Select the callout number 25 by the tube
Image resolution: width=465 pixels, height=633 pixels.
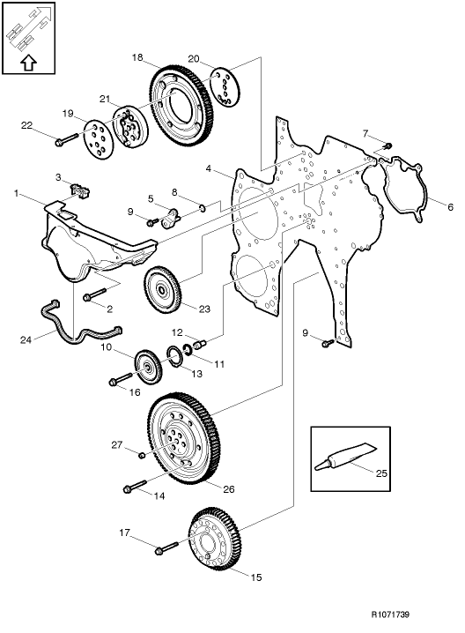click(x=381, y=473)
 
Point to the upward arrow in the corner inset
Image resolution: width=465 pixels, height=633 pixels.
click(x=28, y=63)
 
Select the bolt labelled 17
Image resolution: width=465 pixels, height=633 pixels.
click(x=166, y=551)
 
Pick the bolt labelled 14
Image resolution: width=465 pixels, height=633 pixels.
click(x=134, y=487)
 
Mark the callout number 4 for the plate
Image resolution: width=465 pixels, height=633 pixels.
click(x=208, y=168)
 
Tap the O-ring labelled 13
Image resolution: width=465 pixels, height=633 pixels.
click(x=176, y=356)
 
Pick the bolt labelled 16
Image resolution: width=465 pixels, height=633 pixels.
click(x=119, y=382)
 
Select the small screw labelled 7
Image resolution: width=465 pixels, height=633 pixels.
click(x=388, y=144)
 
